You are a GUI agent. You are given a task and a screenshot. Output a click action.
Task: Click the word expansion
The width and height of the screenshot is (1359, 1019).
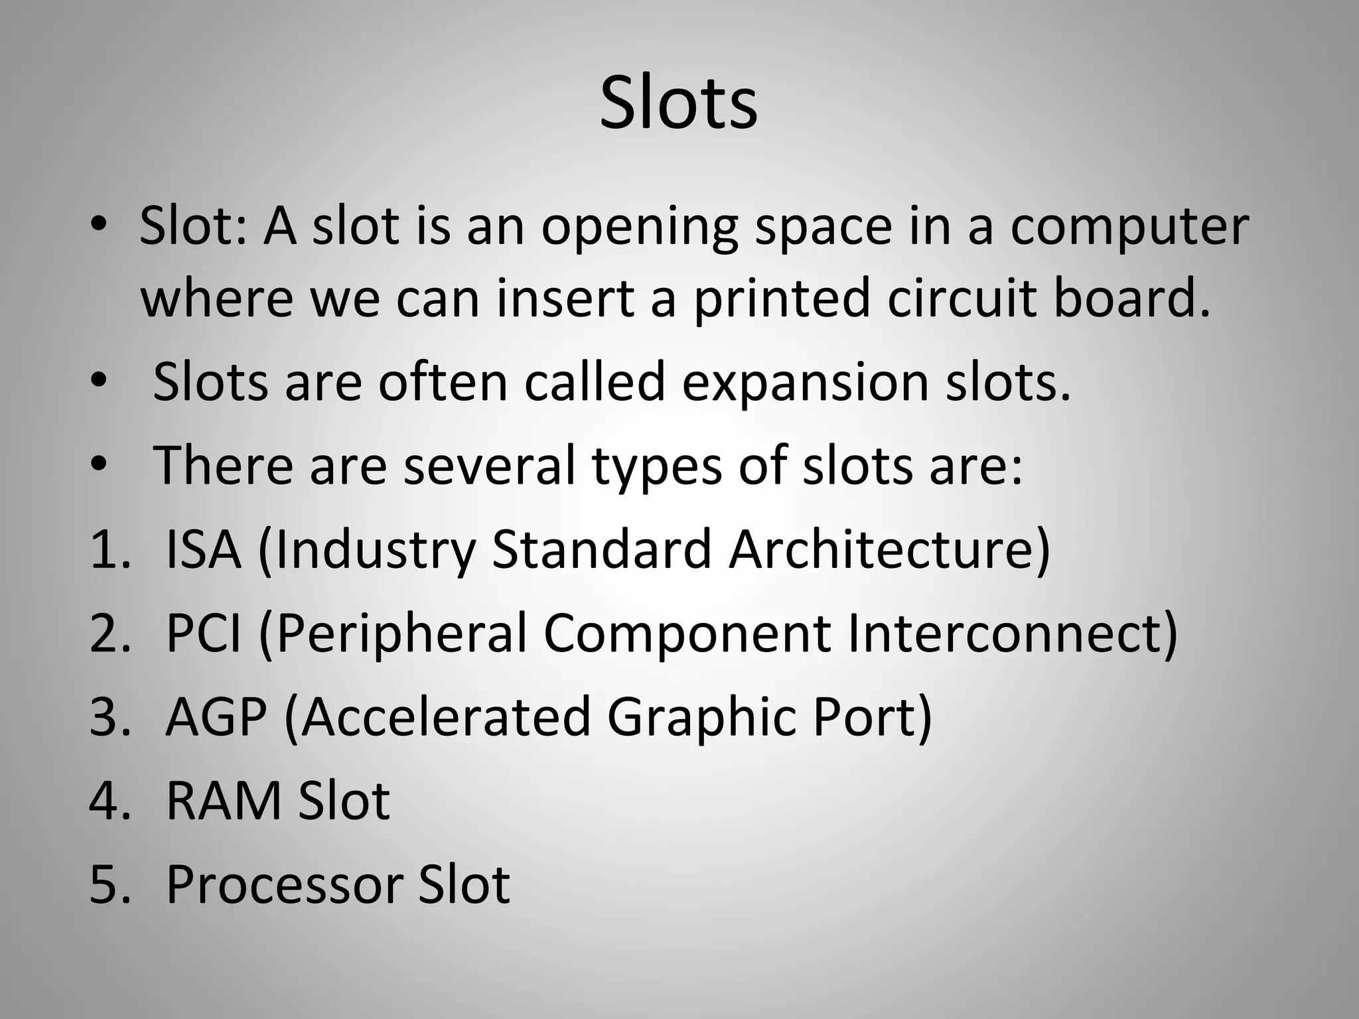pyautogui.click(x=805, y=383)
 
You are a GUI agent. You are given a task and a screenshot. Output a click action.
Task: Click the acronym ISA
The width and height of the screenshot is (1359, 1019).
pyautogui.click(x=202, y=550)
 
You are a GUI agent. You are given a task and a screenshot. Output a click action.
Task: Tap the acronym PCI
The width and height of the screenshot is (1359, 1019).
pyautogui.click(x=203, y=634)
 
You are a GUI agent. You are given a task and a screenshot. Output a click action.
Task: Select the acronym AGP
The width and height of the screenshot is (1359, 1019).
pyautogui.click(x=216, y=717)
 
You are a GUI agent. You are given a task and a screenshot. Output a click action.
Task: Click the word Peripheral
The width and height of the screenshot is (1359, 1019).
pyautogui.click(x=400, y=634)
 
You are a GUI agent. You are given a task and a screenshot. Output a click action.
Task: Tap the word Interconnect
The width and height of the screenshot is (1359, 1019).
pyautogui.click(x=1012, y=634)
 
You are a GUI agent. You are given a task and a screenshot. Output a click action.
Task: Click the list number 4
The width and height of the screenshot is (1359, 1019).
pyautogui.click(x=104, y=801)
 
